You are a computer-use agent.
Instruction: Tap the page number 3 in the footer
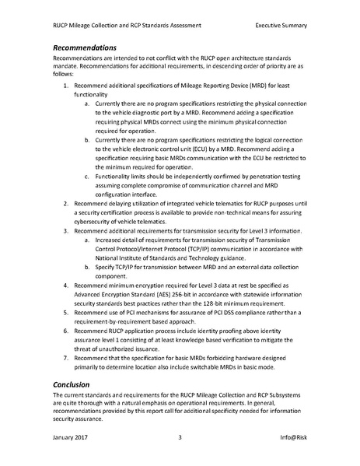tap(180, 438)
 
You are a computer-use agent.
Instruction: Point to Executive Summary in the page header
tap(280, 25)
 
